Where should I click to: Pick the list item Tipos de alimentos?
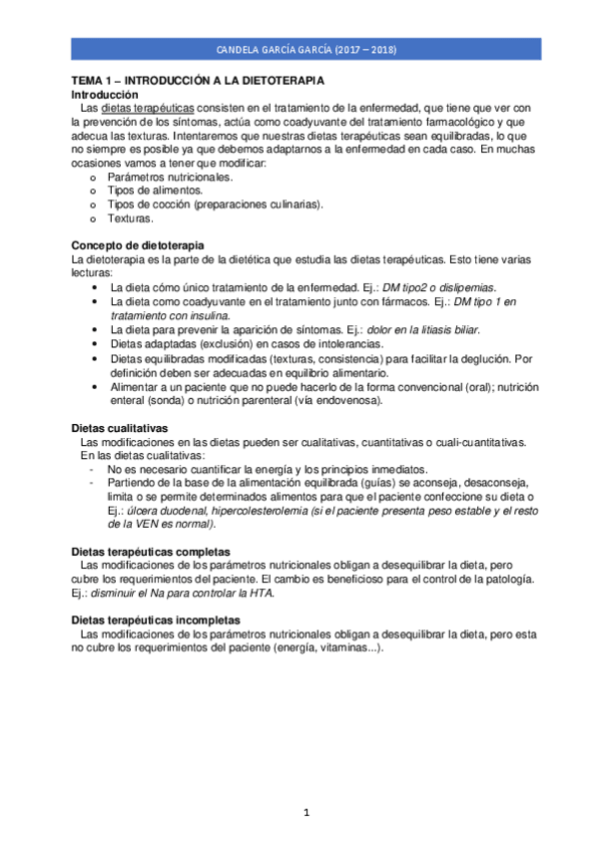(155, 190)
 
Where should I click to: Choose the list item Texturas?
(130, 217)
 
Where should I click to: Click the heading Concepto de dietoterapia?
(137, 244)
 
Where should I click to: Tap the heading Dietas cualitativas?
(119, 427)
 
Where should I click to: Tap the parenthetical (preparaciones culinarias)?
(259, 204)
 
